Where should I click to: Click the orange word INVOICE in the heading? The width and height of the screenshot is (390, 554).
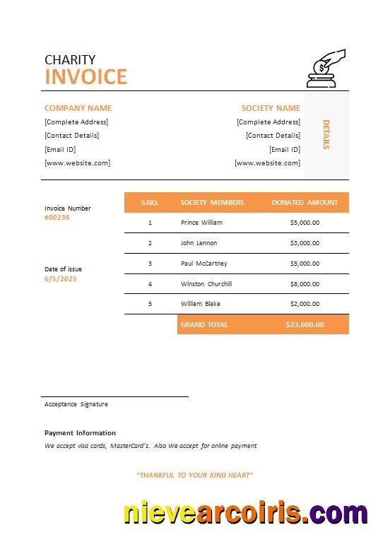tap(85, 76)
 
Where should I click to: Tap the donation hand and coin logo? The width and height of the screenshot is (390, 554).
tap(326, 69)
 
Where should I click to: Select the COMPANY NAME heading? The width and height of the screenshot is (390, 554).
tap(78, 108)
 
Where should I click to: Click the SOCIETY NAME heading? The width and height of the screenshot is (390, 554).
tap(271, 108)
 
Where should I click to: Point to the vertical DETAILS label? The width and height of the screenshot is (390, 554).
tap(326, 134)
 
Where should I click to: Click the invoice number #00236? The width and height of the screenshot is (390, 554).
tap(57, 218)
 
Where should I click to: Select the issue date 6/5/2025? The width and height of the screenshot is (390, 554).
tap(60, 279)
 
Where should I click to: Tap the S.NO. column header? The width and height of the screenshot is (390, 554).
tap(150, 203)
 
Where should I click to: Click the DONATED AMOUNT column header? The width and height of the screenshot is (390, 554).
tap(305, 203)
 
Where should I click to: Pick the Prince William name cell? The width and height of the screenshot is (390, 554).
tap(201, 223)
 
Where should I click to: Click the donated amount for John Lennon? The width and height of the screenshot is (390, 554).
tap(305, 243)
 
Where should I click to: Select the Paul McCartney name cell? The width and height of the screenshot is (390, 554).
tap(204, 264)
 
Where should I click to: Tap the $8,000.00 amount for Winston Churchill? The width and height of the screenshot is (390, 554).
tap(305, 284)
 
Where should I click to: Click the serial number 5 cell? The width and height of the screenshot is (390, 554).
tap(150, 304)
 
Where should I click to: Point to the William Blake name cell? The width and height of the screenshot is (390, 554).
tap(201, 304)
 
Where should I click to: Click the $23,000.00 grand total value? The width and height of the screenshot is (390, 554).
tap(305, 324)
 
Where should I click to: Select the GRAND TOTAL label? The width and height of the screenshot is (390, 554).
tap(204, 324)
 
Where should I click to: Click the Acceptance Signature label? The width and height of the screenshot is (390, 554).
tap(76, 404)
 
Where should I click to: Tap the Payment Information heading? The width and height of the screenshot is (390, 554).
tap(80, 433)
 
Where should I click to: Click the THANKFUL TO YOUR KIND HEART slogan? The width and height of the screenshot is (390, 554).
tap(195, 476)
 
